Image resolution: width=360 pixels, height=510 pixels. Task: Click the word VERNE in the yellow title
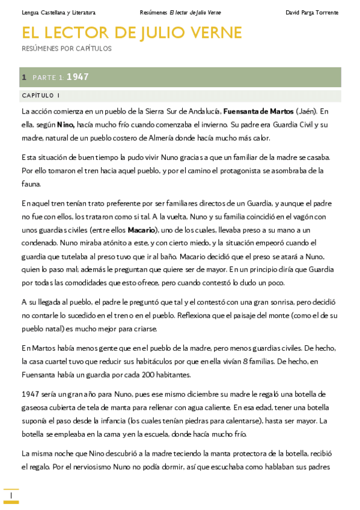click(x=215, y=32)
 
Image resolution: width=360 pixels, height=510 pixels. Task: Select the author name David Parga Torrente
click(x=312, y=13)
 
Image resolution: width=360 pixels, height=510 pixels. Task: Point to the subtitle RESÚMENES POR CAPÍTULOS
click(x=66, y=49)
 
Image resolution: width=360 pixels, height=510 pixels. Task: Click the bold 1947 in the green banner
click(x=78, y=77)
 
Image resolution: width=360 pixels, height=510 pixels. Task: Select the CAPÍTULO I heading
click(x=40, y=96)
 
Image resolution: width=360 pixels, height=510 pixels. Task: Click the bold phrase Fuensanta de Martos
click(x=258, y=111)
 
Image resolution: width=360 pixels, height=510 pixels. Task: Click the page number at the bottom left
click(x=11, y=495)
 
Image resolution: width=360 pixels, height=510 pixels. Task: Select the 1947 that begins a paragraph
click(x=30, y=394)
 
